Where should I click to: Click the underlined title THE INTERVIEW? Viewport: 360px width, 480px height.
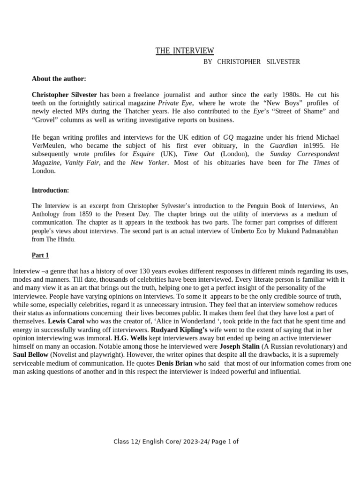pyautogui.click(x=185, y=51)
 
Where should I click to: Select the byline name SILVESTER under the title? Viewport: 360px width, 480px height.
pyautogui.click(x=283, y=62)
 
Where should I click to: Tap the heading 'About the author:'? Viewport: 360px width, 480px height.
pyautogui.click(x=59, y=79)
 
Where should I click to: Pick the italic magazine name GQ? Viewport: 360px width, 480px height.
pyautogui.click(x=228, y=137)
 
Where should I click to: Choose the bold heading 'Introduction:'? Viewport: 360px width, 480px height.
pyautogui.click(x=50, y=190)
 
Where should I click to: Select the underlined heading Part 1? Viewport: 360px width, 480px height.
pyautogui.click(x=40, y=255)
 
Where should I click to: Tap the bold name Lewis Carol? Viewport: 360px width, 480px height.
pyautogui.click(x=65, y=322)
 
